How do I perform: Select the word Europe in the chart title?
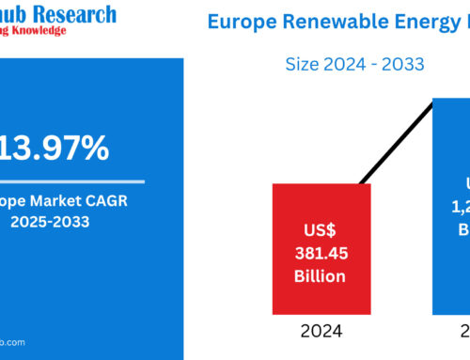click(x=243, y=22)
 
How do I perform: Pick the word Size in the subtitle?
click(x=305, y=64)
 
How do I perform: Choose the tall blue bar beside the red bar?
click(x=451, y=207)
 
